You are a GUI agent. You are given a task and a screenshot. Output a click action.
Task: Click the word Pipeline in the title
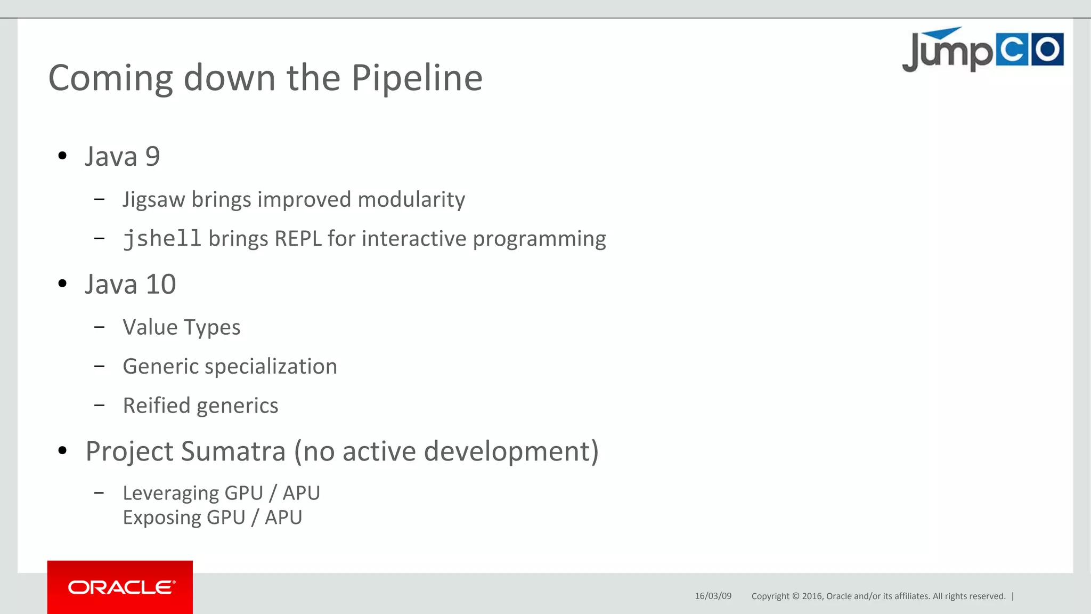coord(417,78)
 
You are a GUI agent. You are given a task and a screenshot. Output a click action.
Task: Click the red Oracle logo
coord(120,587)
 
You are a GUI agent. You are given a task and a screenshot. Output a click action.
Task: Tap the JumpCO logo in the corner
coord(982,50)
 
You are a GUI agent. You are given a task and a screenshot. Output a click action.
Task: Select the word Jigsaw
coord(153,200)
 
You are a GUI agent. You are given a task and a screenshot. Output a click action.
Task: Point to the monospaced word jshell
coord(162,239)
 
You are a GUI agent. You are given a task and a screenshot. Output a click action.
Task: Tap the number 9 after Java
coord(152,157)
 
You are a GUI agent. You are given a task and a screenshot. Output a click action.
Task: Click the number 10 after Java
coord(161,284)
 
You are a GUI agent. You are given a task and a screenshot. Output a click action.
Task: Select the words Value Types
coord(181,327)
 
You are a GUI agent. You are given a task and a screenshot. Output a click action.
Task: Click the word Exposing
coord(162,518)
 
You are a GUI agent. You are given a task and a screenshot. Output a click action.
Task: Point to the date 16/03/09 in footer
coord(713,596)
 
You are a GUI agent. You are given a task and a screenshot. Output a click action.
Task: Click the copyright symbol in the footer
coord(796,596)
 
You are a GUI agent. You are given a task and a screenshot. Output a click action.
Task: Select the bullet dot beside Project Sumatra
coord(62,451)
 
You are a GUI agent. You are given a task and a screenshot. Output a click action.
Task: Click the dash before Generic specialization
coord(99,366)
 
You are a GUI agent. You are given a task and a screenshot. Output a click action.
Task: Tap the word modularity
coord(411,200)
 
